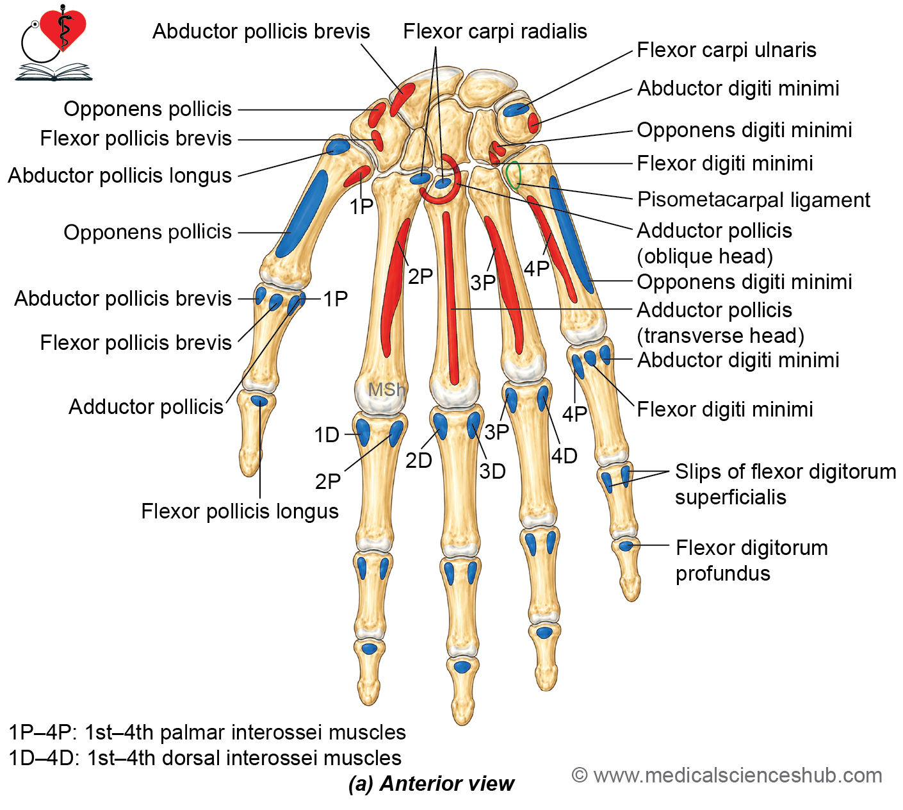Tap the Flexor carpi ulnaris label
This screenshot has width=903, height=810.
point(726,50)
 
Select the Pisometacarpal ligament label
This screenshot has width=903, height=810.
point(754,200)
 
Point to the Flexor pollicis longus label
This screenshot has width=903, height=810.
point(240,511)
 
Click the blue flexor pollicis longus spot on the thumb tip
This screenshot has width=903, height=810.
point(259,400)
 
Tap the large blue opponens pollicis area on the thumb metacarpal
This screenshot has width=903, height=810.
point(301,214)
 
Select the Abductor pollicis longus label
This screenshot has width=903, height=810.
point(120,176)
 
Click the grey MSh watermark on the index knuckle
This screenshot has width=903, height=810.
point(386,390)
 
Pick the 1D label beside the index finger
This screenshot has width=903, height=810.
point(327,435)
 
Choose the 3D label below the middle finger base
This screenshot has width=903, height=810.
point(492,472)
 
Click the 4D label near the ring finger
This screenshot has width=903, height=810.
point(564,456)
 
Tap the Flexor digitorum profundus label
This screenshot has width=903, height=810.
point(751,560)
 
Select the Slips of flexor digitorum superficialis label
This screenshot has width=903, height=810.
point(785,484)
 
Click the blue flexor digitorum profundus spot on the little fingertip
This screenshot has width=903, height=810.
point(626,545)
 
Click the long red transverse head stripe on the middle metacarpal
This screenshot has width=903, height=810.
point(450,298)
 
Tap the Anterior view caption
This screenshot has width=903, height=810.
point(431,784)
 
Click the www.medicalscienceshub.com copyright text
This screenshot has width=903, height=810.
point(726,775)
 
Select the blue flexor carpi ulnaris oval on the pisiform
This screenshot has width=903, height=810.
point(516,110)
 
